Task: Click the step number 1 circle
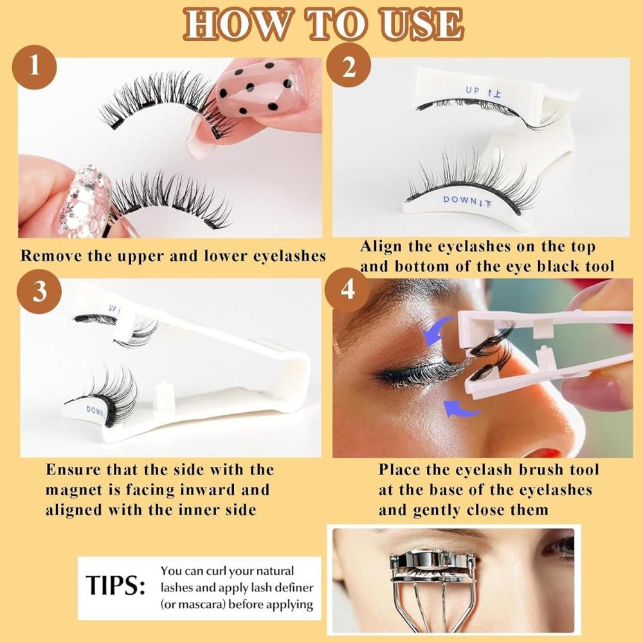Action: [36, 66]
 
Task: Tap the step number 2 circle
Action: [349, 66]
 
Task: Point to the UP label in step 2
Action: [473, 91]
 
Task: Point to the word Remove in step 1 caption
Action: [51, 255]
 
